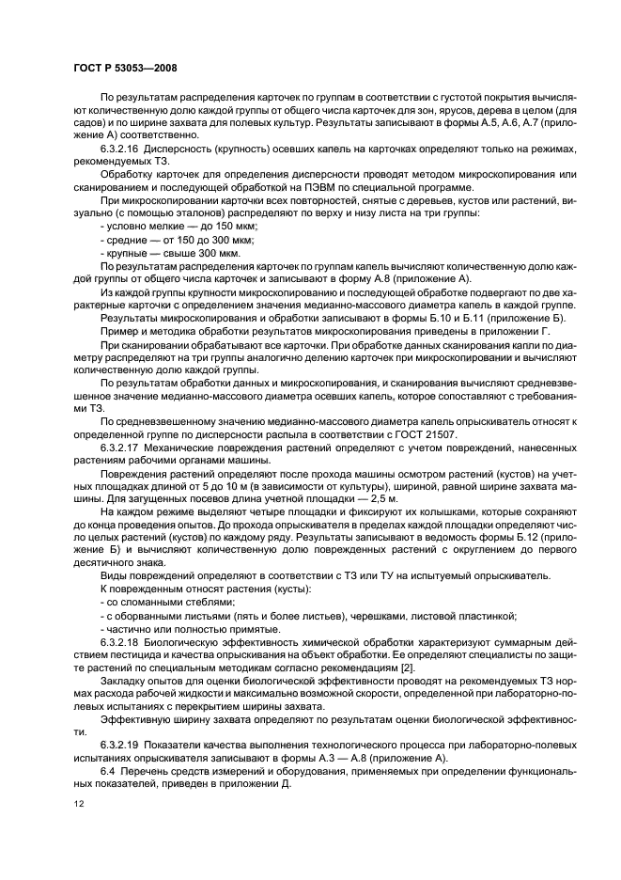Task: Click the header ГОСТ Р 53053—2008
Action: click(x=126, y=69)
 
